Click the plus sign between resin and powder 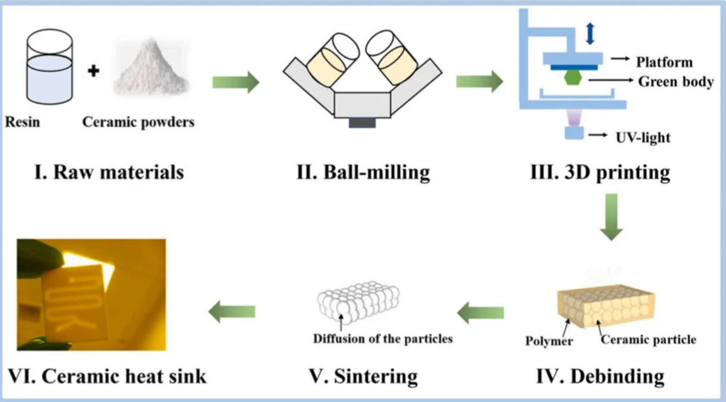tap(94, 70)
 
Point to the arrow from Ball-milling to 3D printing tap(479, 82)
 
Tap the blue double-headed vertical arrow tap(590, 33)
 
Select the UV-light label tap(643, 138)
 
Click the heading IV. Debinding tap(600, 375)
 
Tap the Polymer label tap(549, 341)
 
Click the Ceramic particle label tap(649, 340)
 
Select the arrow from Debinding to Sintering tap(481, 313)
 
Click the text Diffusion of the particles tap(383, 339)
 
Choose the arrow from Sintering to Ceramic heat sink tap(232, 313)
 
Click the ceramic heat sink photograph tap(91, 294)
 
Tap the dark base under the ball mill tap(362, 122)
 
